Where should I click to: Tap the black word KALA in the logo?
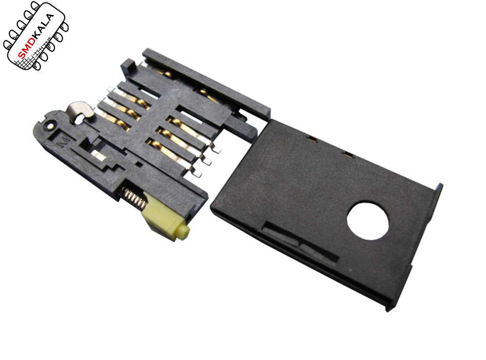(x=44, y=27)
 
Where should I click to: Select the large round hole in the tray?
(x=368, y=221)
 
